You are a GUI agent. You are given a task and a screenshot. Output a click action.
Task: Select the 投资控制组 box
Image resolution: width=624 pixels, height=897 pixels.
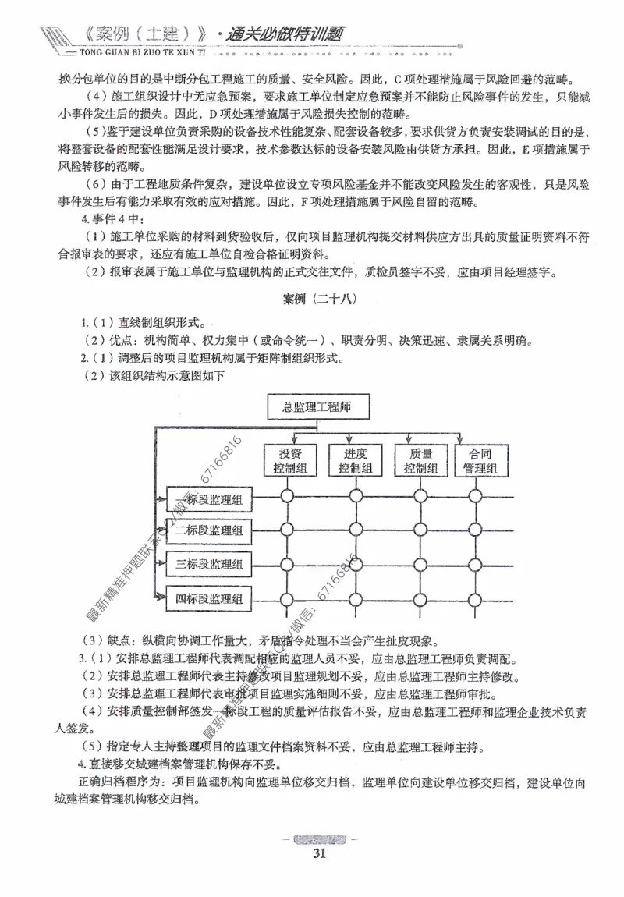(x=289, y=460)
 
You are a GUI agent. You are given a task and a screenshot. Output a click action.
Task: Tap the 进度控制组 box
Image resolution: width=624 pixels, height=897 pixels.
(x=355, y=460)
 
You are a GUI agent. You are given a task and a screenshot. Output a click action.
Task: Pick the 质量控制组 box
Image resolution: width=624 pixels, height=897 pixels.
(x=420, y=460)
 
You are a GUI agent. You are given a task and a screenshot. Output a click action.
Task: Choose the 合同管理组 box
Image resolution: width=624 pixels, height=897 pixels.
(x=480, y=460)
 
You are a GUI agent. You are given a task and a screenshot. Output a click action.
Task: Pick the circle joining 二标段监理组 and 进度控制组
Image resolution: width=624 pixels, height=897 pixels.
(x=356, y=530)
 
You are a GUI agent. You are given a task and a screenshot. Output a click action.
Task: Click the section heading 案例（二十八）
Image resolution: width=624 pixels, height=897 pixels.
(x=311, y=300)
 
